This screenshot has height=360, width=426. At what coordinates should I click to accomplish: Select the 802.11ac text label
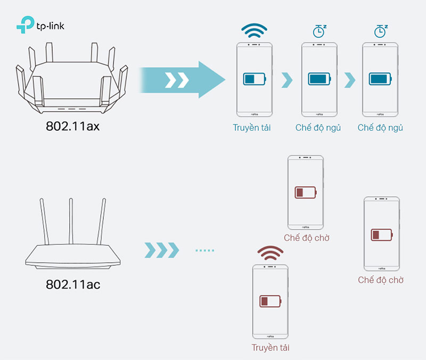[x=72, y=284]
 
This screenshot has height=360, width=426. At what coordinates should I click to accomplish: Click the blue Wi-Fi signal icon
[x=254, y=30]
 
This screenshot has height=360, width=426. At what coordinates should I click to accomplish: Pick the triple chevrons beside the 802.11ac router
[x=162, y=249]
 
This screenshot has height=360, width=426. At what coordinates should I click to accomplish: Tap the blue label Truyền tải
[x=251, y=128]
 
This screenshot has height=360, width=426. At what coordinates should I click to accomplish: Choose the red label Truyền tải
[x=271, y=348]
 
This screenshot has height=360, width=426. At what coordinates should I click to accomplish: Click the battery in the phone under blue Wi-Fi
[x=255, y=79]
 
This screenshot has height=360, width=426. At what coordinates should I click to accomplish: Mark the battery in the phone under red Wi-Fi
[x=271, y=301]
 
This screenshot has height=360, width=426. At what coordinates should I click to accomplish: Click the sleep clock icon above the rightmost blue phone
[x=380, y=31]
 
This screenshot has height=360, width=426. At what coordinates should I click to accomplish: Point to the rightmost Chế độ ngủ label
[x=380, y=128]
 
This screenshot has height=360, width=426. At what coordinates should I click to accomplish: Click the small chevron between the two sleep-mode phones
[x=349, y=80]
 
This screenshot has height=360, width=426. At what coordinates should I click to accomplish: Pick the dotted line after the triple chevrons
[x=204, y=249]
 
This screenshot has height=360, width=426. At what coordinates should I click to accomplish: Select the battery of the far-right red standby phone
[x=381, y=235]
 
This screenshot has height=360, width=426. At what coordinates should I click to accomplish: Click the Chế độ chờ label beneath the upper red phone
[x=306, y=238]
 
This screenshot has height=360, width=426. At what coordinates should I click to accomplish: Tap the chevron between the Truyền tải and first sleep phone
[x=287, y=80]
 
